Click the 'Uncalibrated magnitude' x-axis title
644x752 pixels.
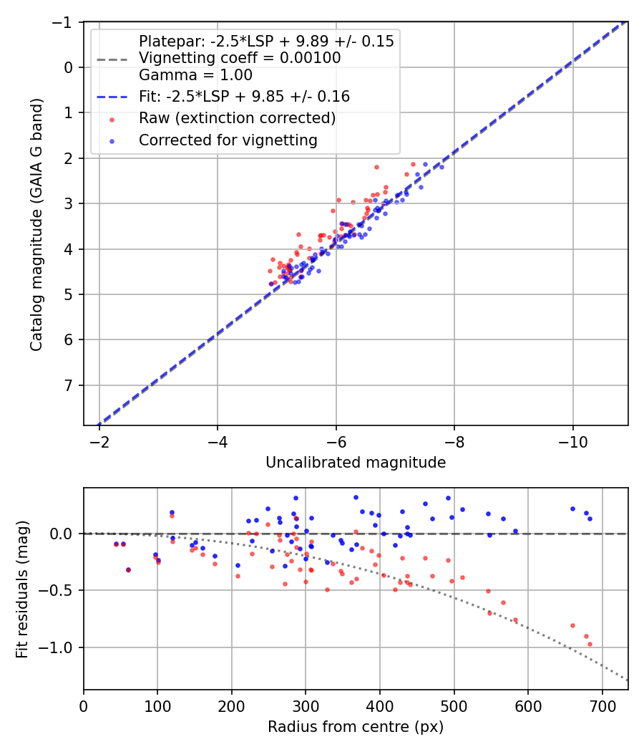pos(356,463)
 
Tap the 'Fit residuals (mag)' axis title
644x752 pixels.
pos(21,588)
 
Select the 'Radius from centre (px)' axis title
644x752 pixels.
pos(356,727)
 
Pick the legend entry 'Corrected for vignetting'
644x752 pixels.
pos(228,140)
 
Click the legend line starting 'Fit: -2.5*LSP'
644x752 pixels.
pos(244,96)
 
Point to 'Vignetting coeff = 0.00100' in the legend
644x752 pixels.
pos(240,58)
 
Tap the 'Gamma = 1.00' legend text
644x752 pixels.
pos(195,74)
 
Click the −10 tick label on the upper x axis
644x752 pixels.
pos(572,444)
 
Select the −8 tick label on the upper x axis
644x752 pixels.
pos(454,444)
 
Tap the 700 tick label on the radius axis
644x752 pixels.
pos(602,708)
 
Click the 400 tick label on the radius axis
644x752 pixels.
pos(380,708)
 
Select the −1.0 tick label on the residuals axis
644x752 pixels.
pos(58,647)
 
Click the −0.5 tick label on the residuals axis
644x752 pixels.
pos(58,591)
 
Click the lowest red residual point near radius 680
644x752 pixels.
pos(590,644)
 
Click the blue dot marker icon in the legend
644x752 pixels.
pos(111,141)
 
